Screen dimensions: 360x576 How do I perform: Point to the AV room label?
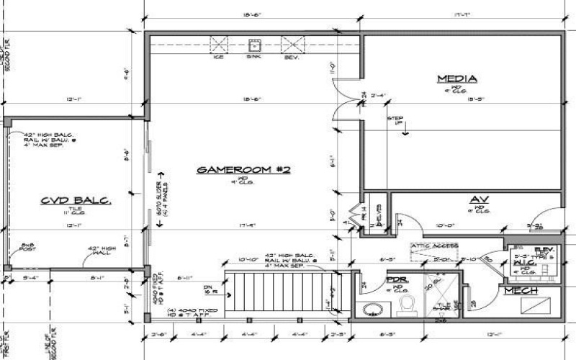tap(480, 199)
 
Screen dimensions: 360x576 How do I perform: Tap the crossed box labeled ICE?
tap(219, 45)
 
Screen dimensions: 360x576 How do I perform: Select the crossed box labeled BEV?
tap(291, 45)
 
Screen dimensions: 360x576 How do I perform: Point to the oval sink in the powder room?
tap(373, 310)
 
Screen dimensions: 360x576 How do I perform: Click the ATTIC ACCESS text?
tap(431, 246)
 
